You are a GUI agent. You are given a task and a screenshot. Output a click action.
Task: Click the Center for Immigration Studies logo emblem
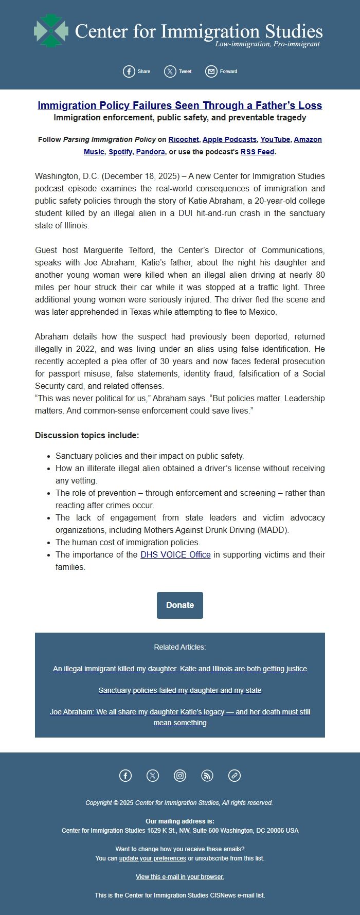[51, 31]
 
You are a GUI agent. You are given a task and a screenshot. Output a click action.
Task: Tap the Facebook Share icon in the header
[129, 71]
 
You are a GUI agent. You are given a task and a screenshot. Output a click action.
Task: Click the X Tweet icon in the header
[170, 71]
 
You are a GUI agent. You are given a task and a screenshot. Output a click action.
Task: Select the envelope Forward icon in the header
[211, 71]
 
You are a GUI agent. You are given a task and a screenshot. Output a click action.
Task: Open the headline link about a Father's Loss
[179, 105]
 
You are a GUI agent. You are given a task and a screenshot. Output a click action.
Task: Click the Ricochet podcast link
[184, 139]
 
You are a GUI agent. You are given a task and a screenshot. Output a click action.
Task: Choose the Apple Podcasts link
[229, 139]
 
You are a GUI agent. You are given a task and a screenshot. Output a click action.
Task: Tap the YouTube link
[275, 139]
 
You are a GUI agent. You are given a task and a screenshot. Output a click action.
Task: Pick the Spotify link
[120, 152]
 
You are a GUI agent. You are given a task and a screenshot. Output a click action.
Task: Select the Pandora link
[150, 152]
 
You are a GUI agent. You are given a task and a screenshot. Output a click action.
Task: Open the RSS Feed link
[257, 152]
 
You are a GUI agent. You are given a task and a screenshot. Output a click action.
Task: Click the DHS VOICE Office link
[175, 554]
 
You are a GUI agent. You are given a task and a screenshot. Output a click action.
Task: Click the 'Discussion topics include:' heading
[87, 435]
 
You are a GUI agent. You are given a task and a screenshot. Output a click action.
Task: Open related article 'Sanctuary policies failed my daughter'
[179, 690]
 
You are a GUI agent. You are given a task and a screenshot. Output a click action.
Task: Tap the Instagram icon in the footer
[180, 776]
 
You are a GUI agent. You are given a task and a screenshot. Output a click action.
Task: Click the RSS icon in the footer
[207, 776]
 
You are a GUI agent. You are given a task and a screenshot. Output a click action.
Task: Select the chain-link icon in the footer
[235, 776]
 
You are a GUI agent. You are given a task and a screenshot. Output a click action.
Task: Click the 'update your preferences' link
[153, 858]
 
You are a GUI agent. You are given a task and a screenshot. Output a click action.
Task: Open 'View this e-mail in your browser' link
[179, 876]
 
